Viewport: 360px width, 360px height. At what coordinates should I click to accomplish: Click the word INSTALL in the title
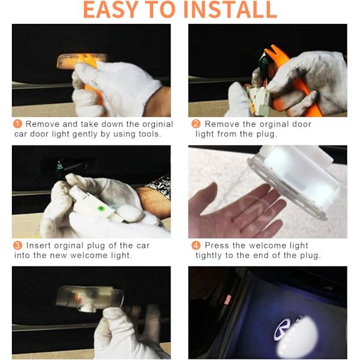(x=230, y=10)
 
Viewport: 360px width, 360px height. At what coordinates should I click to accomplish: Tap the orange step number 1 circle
(x=17, y=124)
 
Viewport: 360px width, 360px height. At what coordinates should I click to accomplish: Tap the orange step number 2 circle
(x=196, y=124)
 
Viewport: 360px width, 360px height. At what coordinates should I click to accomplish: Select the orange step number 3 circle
(x=17, y=245)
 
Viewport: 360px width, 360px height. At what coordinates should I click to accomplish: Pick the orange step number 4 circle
(x=196, y=245)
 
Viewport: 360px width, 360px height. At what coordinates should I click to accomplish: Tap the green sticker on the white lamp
(x=101, y=208)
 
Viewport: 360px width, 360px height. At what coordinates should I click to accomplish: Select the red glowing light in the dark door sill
(x=227, y=299)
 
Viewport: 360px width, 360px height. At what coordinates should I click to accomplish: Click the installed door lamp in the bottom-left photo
(x=90, y=298)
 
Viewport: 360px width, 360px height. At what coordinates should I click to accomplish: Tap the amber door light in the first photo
(x=82, y=61)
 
